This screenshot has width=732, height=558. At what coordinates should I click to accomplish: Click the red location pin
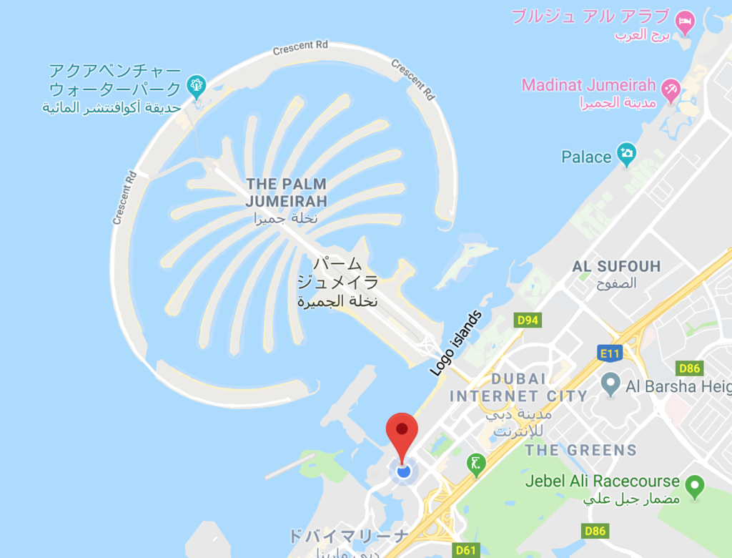pos(402,431)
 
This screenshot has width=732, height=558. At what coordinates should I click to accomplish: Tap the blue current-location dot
pos(403,471)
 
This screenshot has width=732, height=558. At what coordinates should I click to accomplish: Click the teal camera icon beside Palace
pos(626,153)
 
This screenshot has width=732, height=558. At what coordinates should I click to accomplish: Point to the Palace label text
pos(586,157)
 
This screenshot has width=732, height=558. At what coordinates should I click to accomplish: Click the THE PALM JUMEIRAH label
pos(286,192)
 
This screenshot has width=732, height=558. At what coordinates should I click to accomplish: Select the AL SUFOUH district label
pos(616,267)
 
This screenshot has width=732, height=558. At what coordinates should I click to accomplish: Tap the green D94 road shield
pos(528,320)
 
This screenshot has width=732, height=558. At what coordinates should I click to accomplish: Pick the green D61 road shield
pos(465,549)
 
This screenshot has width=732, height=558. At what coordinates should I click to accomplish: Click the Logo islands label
pos(456,343)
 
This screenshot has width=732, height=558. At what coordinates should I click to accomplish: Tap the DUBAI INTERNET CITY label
pos(518,387)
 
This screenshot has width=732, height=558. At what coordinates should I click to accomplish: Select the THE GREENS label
pos(580,450)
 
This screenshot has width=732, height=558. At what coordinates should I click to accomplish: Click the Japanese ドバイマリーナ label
pos(348,536)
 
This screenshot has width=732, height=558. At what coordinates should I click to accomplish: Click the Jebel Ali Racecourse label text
pos(602,481)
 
